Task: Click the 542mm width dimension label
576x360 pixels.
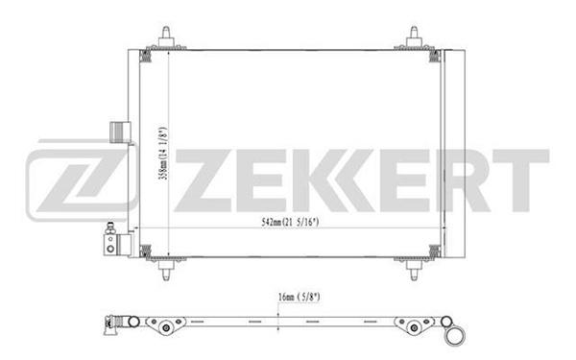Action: pyautogui.click(x=290, y=222)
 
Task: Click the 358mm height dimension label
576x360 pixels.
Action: pyautogui.click(x=162, y=154)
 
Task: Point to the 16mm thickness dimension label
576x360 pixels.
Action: pyautogui.click(x=299, y=297)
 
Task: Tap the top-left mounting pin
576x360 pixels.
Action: pyautogui.click(x=166, y=37)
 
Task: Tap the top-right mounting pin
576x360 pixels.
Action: pyautogui.click(x=414, y=37)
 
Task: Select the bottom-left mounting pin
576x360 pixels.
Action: pyautogui.click(x=166, y=270)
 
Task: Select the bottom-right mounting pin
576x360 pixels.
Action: pyautogui.click(x=414, y=270)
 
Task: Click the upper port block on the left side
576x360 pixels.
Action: pyautogui.click(x=120, y=132)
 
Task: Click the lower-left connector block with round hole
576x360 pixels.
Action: pyautogui.click(x=117, y=244)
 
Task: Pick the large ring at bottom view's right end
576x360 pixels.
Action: pyautogui.click(x=455, y=336)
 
